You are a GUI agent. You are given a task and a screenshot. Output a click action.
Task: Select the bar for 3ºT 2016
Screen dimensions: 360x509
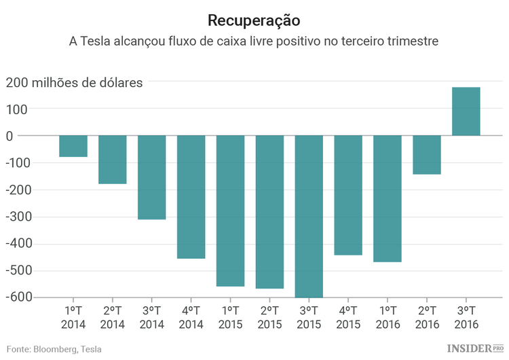click(x=466, y=111)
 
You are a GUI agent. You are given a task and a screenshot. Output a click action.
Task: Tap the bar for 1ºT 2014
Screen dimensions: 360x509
click(x=73, y=146)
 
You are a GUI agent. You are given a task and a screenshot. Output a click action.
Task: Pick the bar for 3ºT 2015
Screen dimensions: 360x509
click(x=309, y=216)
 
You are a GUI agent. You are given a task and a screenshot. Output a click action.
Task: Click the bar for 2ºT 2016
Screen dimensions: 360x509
click(x=427, y=155)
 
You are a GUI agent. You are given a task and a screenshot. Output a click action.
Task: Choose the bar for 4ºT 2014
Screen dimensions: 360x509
click(x=191, y=197)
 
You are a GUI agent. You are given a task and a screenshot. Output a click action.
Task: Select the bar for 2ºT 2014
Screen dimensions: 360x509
click(x=113, y=160)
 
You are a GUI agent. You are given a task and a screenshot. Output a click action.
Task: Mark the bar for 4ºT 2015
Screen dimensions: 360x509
click(x=348, y=195)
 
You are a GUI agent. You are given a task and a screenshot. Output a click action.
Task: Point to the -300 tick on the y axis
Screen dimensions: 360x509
click(x=18, y=217)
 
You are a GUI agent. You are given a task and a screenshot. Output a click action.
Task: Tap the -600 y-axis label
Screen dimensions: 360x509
click(x=18, y=298)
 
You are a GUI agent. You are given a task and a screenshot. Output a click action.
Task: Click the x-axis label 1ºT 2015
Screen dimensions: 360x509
click(x=230, y=318)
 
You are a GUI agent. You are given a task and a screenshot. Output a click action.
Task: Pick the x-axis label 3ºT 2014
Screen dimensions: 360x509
click(x=151, y=318)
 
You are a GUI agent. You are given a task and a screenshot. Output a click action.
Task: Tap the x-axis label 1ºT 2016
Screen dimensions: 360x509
click(x=388, y=318)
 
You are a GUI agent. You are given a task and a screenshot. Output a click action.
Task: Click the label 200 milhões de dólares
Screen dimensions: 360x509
click(x=75, y=83)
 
